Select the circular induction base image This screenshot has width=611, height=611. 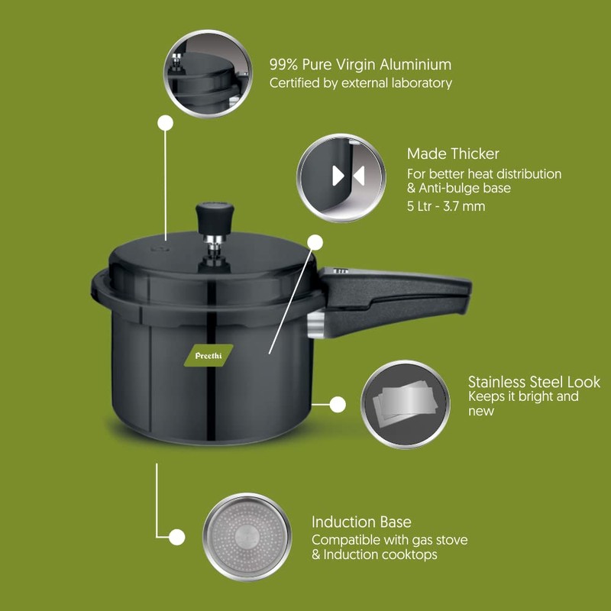pyautogui.click(x=247, y=536)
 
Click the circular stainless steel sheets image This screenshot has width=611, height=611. pyautogui.click(x=405, y=404)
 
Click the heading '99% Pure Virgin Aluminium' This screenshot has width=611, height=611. pyautogui.click(x=360, y=65)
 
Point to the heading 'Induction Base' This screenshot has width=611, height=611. pyautogui.click(x=361, y=522)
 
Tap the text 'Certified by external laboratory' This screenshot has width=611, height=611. pyautogui.click(x=360, y=83)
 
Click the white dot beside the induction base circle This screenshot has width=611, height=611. pyautogui.click(x=176, y=537)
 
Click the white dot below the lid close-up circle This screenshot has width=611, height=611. pyautogui.click(x=165, y=122)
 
